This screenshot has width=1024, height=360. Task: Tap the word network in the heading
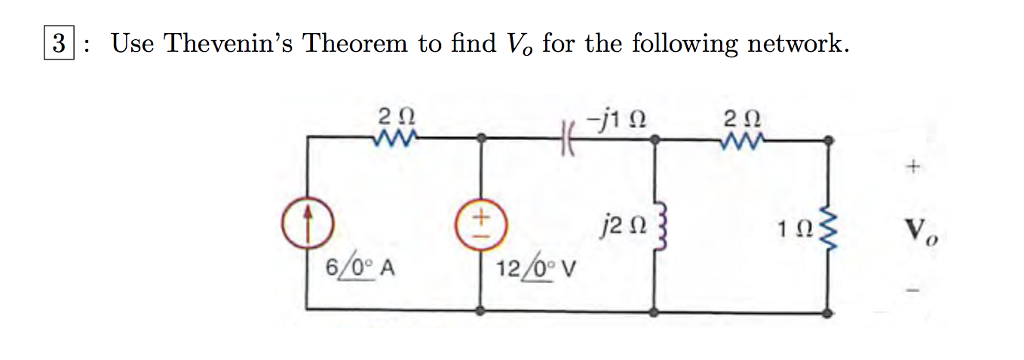[x=792, y=44]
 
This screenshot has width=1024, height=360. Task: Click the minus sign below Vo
[x=912, y=293]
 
